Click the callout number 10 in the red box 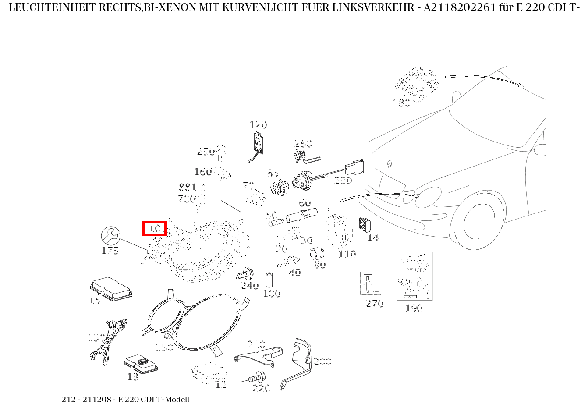(155, 228)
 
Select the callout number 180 (401, 103)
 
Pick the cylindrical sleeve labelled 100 (270, 280)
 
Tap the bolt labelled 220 (257, 376)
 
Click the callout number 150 (164, 347)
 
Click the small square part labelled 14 (365, 225)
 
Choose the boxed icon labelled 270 (370, 283)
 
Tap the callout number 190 (414, 308)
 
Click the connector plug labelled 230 (355, 169)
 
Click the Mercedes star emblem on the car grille (389, 165)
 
